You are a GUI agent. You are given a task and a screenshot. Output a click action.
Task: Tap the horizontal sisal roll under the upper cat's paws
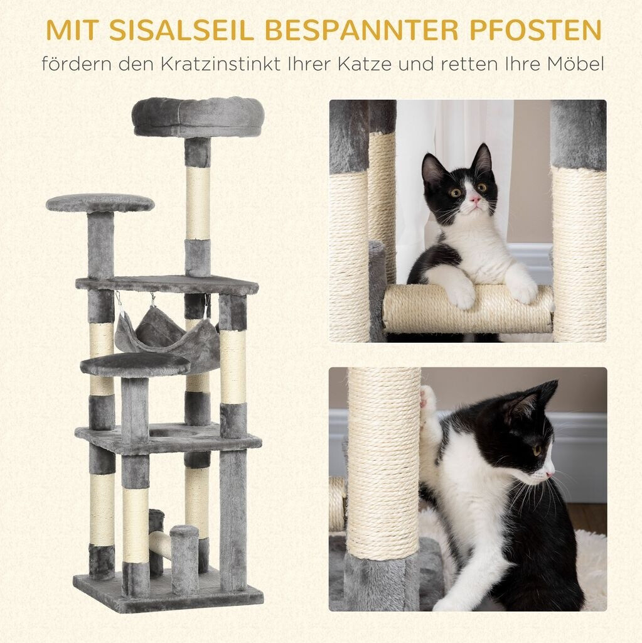[x=468, y=310]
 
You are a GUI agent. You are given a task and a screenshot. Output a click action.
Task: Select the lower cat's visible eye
[x=537, y=450]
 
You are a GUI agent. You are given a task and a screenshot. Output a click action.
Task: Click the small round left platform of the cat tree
[x=100, y=203]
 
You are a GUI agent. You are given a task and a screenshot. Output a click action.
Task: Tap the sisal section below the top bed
[x=198, y=203]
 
